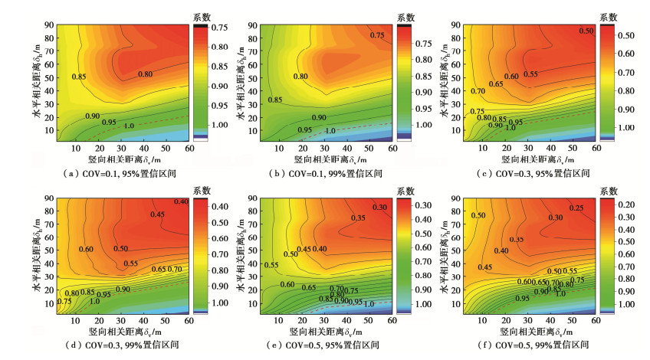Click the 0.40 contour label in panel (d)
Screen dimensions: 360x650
181,201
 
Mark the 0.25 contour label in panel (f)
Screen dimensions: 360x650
576,208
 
